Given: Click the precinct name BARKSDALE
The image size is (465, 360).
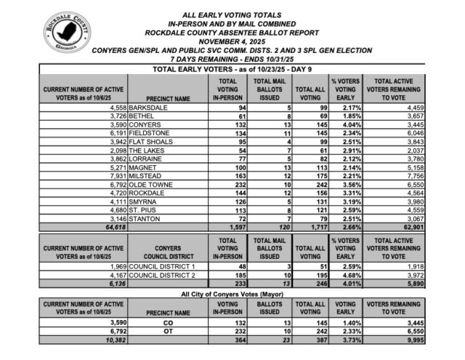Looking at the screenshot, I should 150,108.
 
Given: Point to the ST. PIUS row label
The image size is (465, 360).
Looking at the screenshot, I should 145,209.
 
